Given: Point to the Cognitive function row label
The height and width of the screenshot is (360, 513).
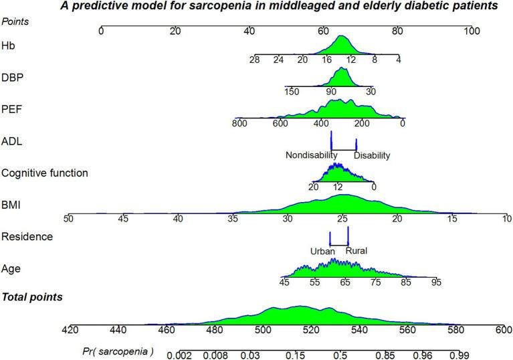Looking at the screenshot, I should point(45,173).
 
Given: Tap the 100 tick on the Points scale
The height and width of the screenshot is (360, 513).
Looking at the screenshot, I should point(472,31).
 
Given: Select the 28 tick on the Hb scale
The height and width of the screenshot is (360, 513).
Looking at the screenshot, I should point(255,60).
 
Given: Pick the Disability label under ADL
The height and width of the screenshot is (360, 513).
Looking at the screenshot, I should point(372,155).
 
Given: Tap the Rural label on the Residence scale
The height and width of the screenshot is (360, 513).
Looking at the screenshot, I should point(356,251).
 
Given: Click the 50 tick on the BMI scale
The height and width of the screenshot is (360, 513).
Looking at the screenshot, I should point(68,219).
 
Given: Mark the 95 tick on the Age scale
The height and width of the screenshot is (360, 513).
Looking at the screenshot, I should point(435,283).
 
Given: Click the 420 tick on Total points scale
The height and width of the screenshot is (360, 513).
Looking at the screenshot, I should point(70,330).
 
